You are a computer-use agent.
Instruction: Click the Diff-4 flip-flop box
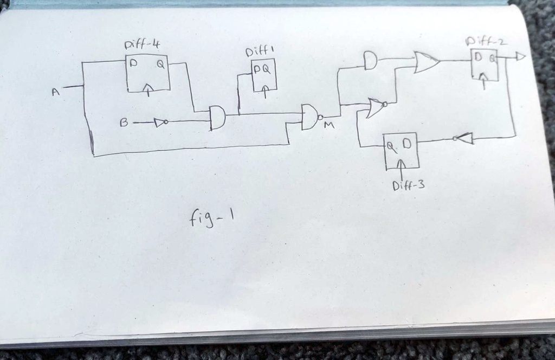click(x=147, y=73)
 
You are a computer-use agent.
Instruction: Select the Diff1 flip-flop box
click(x=264, y=75)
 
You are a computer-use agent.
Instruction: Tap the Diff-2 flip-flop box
click(x=484, y=65)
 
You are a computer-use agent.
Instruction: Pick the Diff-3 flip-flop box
click(x=401, y=150)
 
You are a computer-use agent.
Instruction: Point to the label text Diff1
click(x=260, y=52)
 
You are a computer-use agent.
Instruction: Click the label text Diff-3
click(x=408, y=187)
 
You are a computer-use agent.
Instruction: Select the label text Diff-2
click(x=486, y=41)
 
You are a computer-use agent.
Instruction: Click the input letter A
click(x=55, y=93)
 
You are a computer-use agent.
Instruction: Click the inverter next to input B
click(x=160, y=123)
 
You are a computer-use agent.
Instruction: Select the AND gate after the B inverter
click(x=217, y=118)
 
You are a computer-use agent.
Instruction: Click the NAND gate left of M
click(x=309, y=117)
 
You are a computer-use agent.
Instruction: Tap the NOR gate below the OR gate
click(x=376, y=107)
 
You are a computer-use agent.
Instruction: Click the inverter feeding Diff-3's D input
click(x=464, y=139)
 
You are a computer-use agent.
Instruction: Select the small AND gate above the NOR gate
click(x=370, y=60)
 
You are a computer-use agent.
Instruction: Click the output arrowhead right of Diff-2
click(x=520, y=56)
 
